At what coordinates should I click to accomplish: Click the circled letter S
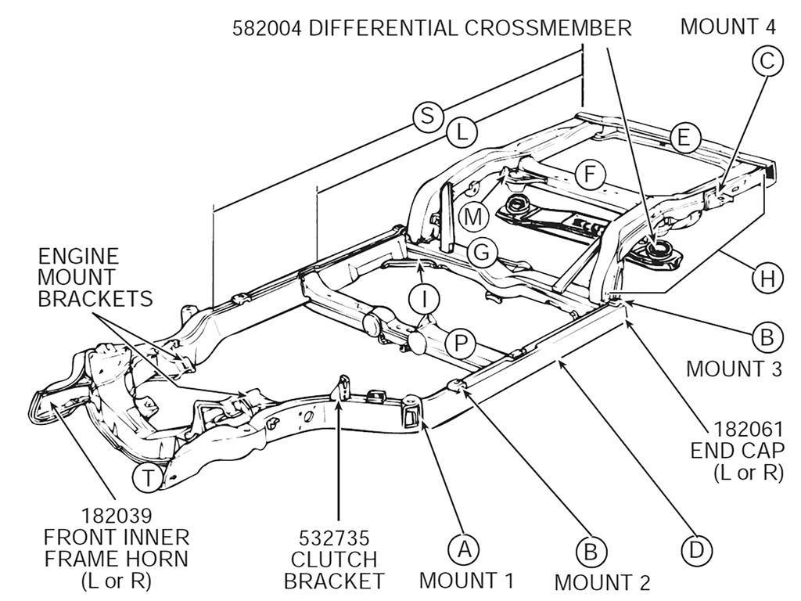(426, 116)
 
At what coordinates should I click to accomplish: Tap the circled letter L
(462, 132)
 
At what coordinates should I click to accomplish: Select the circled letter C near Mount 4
(767, 61)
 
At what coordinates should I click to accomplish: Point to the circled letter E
(683, 139)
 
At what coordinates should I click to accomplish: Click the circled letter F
(590, 174)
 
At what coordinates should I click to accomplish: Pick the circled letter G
(483, 253)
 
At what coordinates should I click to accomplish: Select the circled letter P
(460, 342)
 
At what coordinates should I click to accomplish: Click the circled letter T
(148, 477)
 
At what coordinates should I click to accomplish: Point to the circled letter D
(695, 550)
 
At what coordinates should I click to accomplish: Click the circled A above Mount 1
(463, 549)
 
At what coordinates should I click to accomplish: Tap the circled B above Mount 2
(590, 551)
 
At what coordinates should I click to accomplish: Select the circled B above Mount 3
(767, 337)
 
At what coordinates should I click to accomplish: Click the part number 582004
(268, 29)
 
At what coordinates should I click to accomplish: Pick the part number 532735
(334, 539)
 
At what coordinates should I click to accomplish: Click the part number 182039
(116, 517)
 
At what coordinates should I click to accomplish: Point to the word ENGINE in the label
(78, 256)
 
